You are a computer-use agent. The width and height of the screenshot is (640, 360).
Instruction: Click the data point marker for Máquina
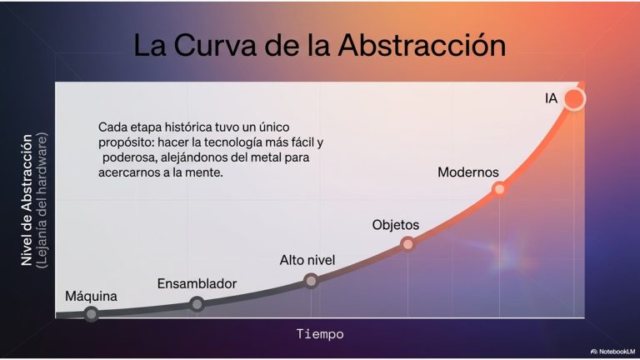[92, 313]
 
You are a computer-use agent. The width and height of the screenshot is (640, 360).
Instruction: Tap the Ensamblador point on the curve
[197, 303]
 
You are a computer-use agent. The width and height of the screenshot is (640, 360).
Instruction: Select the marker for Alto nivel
[311, 281]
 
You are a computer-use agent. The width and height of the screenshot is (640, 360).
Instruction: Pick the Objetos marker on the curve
[407, 244]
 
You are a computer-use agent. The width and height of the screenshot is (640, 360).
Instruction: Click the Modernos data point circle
[499, 188]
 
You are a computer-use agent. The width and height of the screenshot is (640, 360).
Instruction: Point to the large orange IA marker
[574, 99]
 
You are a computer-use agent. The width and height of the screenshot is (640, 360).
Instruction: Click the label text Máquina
[91, 296]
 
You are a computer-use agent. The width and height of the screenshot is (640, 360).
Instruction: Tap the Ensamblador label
[197, 283]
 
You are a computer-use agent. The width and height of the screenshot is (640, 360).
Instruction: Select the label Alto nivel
[307, 260]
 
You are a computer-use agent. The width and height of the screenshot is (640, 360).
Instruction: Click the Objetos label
[396, 225]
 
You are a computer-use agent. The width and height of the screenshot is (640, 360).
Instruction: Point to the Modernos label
[468, 172]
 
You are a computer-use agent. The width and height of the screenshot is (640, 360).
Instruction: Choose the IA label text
[551, 98]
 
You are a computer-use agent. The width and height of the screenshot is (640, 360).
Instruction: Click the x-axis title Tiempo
[320, 334]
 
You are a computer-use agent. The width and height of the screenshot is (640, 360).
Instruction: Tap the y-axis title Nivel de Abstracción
[27, 200]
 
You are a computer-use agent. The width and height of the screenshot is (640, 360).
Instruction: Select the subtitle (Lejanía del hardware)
[42, 200]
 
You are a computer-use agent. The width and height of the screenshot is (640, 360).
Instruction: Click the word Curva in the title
[217, 45]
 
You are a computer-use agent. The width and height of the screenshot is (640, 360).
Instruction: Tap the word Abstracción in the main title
[422, 44]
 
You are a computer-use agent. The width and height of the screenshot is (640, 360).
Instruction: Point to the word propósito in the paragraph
[126, 142]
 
